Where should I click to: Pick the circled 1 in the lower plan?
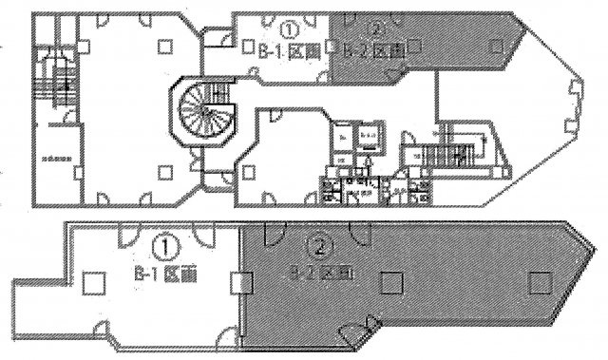click(x=167, y=248)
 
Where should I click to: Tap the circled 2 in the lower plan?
click(x=319, y=249)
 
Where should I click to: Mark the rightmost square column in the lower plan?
click(x=540, y=281)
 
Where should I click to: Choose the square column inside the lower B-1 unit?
click(x=92, y=282)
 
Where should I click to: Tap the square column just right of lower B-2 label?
click(x=388, y=281)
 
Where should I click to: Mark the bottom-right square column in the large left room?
click(x=166, y=172)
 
